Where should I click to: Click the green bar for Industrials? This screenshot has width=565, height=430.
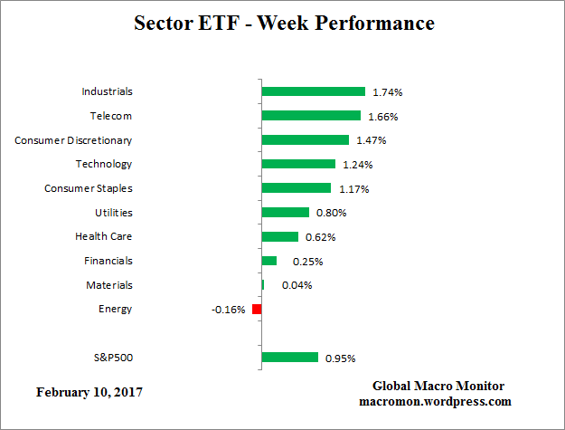tap(313, 91)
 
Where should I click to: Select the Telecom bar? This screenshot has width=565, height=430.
tap(310, 116)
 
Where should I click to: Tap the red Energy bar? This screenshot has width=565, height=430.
tap(257, 309)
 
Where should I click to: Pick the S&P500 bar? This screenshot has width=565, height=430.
tap(289, 357)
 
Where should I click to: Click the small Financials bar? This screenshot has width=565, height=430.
tap(268, 261)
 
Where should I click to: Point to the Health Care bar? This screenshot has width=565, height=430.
tap(279, 236)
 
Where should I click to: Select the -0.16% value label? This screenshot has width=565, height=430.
tap(229, 310)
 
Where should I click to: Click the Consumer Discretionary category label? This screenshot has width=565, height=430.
tap(73, 140)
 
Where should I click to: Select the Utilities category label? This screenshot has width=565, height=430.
tap(113, 213)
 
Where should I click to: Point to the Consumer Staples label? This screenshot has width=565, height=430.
tap(89, 188)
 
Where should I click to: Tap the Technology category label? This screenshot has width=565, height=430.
tap(104, 164)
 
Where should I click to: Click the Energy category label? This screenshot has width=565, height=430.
tap(115, 309)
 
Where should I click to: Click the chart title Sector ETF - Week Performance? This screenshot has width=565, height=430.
tap(283, 24)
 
